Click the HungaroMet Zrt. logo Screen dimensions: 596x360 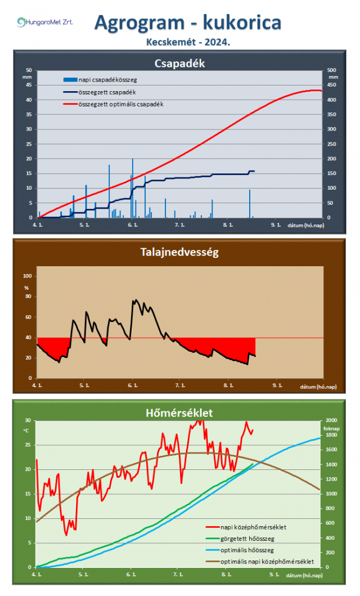[45, 23]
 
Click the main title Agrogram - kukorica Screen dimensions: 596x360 [188, 23]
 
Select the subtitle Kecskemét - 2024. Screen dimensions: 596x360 [188, 42]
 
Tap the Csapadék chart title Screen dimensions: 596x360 [179, 63]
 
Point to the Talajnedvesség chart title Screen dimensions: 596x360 [179, 253]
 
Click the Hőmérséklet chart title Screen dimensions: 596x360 [179, 413]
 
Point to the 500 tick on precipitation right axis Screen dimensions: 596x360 [332, 70]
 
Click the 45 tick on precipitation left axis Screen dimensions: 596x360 [29, 85]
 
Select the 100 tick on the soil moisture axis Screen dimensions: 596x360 [26, 276]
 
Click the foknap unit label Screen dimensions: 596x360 [333, 427]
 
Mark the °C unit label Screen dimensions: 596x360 [26, 431]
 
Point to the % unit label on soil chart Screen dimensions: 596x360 [26, 288]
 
